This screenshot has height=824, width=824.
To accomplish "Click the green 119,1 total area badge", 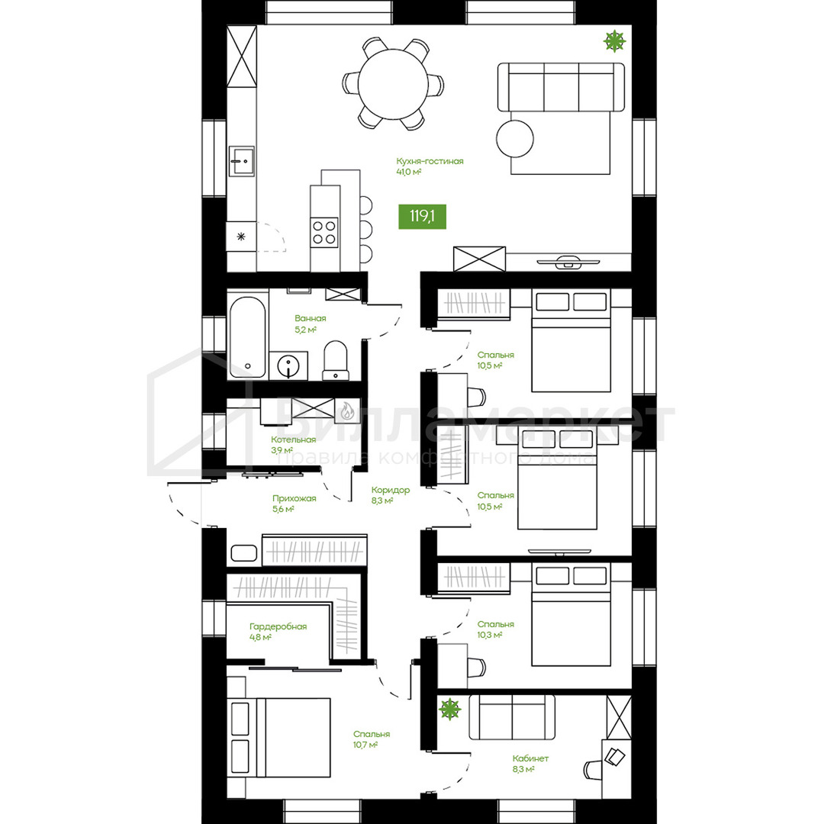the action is point(423,217).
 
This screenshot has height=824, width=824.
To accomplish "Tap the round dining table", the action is point(393,84).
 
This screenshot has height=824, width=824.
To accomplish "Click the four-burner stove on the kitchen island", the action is point(324,232).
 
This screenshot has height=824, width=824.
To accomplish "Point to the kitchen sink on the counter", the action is point(242,161).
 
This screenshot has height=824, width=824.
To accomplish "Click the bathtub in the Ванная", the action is point(247,337).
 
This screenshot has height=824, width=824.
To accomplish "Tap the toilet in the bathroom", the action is point(335,360).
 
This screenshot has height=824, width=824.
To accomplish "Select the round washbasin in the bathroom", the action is point(288,365).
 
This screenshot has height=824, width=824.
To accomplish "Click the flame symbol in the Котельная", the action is point(347,410).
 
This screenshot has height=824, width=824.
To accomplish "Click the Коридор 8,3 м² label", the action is point(391,495).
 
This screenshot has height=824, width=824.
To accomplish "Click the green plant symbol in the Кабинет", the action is point(450,709).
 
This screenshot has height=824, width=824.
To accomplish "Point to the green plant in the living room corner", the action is point(614,40).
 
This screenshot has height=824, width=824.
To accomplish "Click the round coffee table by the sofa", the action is point(515,139).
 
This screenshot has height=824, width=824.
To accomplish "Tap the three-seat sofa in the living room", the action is point(562,87).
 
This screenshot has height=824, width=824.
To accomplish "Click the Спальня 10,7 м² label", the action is point(372,739).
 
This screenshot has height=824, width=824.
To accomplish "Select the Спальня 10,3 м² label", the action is point(496,629).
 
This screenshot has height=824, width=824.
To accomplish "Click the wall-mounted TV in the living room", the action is point(568,260).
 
